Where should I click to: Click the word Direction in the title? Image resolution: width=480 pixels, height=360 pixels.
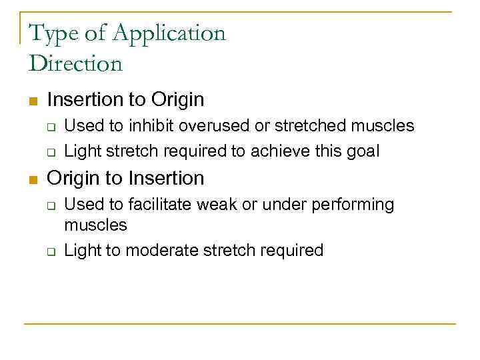click(x=76, y=64)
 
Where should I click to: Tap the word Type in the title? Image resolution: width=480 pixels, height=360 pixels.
click(x=53, y=34)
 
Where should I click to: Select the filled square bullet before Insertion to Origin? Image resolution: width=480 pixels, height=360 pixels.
click(x=31, y=101)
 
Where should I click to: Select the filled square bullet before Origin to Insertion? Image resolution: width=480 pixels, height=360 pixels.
click(x=31, y=179)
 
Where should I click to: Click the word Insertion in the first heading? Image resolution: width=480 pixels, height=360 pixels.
click(x=86, y=100)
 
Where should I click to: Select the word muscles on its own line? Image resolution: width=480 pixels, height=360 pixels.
click(x=95, y=225)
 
